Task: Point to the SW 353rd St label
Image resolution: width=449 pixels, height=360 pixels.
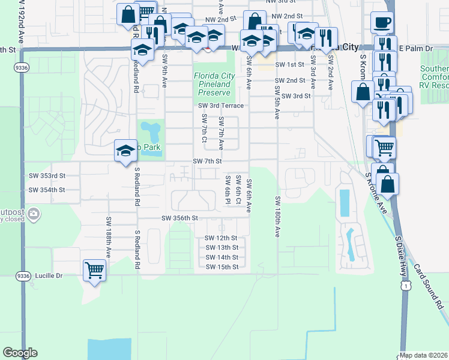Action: pyautogui.click(x=47, y=176)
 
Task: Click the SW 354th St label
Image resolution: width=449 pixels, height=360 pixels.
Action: pyautogui.click(x=47, y=190)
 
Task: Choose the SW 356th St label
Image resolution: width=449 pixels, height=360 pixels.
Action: pyautogui.click(x=179, y=218)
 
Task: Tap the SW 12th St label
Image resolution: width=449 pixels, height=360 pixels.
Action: pyautogui.click(x=221, y=238)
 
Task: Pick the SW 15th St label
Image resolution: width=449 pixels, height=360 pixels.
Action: pyautogui.click(x=221, y=267)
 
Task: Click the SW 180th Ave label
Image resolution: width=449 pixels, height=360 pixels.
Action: pyautogui.click(x=278, y=216)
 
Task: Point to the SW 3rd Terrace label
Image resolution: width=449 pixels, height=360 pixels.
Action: pyautogui.click(x=221, y=106)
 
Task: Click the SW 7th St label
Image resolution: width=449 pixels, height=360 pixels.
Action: pyautogui.click(x=208, y=161)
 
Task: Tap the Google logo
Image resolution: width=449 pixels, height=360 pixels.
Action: pyautogui.click(x=20, y=353)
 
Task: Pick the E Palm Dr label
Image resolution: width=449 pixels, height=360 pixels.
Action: pyautogui.click(x=415, y=48)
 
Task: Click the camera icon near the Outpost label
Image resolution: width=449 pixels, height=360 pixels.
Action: pyautogui.click(x=34, y=213)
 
